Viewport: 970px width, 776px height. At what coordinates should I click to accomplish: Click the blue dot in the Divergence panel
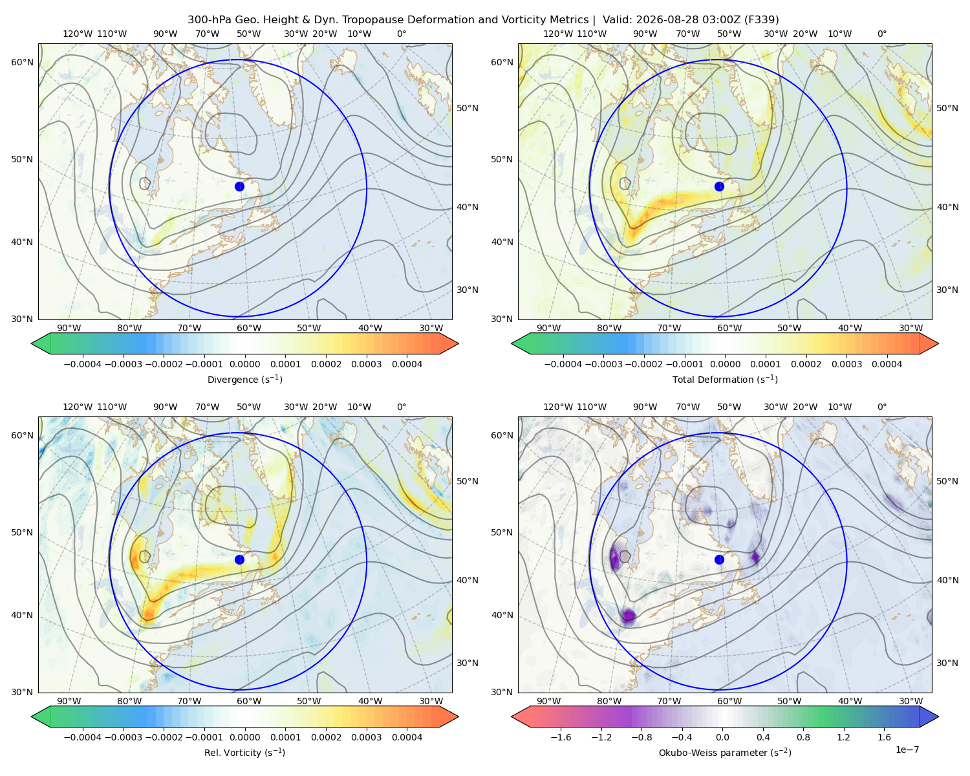point(239,186)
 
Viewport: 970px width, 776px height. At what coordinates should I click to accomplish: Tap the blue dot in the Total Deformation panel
point(719,186)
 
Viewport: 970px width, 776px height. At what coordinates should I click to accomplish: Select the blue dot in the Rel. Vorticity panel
point(239,559)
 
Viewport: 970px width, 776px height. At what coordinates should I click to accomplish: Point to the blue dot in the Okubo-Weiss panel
point(719,559)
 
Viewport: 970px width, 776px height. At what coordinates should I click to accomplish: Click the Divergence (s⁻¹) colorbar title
point(244,379)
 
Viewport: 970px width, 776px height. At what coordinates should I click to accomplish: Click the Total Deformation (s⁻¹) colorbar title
point(725,379)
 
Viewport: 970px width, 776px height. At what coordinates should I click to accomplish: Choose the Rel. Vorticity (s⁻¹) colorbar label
point(244,752)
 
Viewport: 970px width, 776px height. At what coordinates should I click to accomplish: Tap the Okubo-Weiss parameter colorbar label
point(725,752)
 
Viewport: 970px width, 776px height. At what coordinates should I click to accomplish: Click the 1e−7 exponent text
point(907,749)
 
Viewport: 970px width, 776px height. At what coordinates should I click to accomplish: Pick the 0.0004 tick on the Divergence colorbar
point(407,364)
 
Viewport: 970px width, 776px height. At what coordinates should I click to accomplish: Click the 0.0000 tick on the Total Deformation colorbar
point(726,364)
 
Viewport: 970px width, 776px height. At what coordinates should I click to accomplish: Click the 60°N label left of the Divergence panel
point(22,62)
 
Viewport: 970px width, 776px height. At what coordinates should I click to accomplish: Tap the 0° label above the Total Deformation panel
point(881,34)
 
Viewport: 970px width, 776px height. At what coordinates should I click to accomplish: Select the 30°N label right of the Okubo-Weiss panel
point(947,662)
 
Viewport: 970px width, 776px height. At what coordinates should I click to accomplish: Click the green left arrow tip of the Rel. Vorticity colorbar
point(32,717)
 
